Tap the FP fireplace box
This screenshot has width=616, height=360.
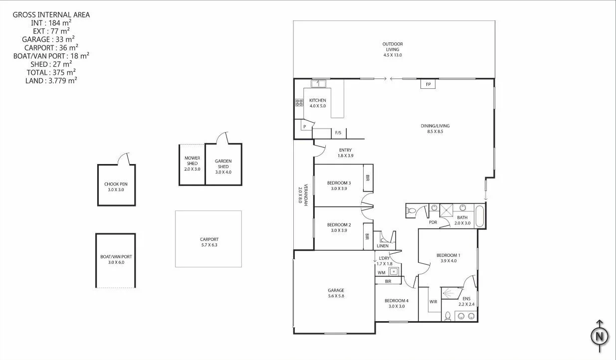click(427, 85)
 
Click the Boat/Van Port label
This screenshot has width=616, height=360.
click(116, 259)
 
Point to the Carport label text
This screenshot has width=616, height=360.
click(208, 239)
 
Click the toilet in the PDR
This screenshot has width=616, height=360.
click(411, 211)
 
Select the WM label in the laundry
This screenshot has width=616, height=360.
click(381, 272)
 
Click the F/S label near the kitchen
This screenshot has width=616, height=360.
click(338, 133)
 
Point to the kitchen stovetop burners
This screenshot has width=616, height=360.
click(299, 103)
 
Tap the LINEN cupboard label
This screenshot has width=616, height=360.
click(383, 246)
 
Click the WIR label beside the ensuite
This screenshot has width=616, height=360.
click(433, 302)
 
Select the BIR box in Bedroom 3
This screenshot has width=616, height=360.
click(368, 178)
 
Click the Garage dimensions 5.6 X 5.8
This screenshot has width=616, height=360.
click(336, 296)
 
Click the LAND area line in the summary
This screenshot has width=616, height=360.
click(51, 80)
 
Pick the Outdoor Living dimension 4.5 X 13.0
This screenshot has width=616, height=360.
click(392, 55)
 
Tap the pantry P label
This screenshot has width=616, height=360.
click(304, 127)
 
